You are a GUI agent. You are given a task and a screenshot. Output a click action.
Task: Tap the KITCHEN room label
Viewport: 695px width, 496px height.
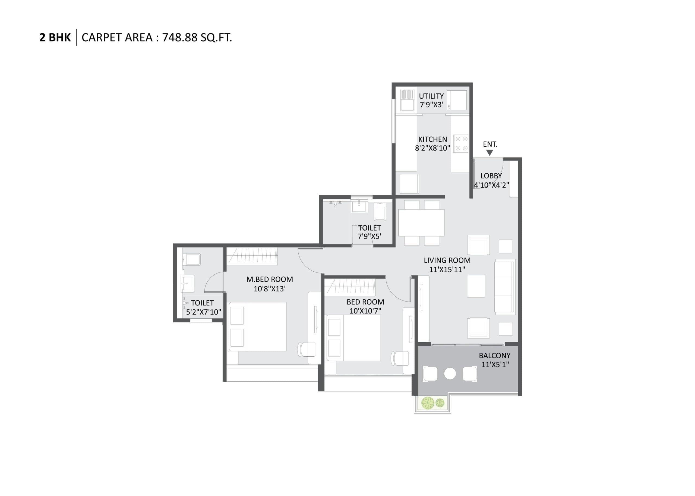(432, 139)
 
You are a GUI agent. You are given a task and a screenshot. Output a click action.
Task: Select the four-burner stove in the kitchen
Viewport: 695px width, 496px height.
(461, 143)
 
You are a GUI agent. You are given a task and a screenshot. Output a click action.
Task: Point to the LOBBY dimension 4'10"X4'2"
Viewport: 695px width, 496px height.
(491, 185)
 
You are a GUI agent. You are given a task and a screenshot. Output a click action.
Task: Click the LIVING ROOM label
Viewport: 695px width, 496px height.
(447, 260)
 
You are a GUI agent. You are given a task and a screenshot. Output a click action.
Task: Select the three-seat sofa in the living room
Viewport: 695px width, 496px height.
(504, 287)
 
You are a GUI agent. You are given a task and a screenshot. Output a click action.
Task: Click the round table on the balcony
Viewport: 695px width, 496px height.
(450, 373)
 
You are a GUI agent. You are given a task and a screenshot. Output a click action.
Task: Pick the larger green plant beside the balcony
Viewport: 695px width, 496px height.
(428, 403)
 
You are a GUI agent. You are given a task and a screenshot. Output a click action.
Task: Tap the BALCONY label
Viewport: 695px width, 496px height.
(494, 356)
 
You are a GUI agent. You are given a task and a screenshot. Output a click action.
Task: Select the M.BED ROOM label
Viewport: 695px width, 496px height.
(270, 279)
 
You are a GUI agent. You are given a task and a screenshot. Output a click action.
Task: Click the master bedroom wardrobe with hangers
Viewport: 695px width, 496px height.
(252, 256)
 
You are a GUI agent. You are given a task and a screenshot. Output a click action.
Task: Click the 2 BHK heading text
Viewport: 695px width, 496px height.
(55, 37)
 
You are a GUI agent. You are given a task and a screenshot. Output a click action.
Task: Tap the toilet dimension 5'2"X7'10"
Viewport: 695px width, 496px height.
(204, 312)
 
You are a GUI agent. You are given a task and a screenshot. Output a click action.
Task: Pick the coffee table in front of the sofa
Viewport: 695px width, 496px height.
(476, 286)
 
